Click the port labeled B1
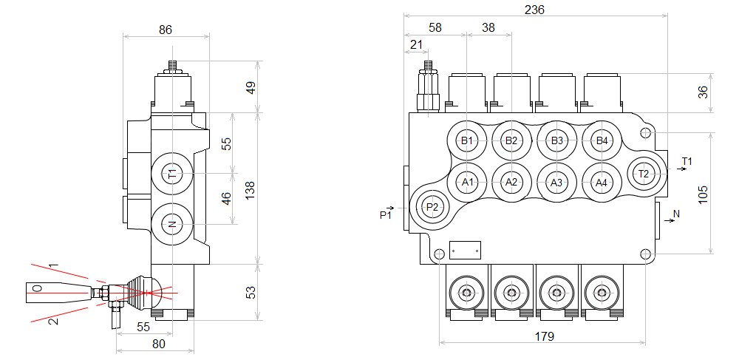(x=466, y=140)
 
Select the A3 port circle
(x=556, y=183)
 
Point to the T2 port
(x=644, y=174)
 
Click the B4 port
(x=602, y=140)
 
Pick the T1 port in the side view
(x=172, y=174)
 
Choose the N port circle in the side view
(x=172, y=224)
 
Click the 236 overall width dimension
(x=534, y=10)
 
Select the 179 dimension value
(x=545, y=336)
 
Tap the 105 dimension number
(x=703, y=194)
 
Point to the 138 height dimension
(x=251, y=190)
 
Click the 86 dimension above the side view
(x=166, y=30)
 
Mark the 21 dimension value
(x=416, y=45)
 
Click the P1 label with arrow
(x=386, y=213)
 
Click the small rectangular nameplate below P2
(x=465, y=250)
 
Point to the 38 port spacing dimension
(x=488, y=28)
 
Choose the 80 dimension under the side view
(x=159, y=344)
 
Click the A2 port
(x=511, y=183)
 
